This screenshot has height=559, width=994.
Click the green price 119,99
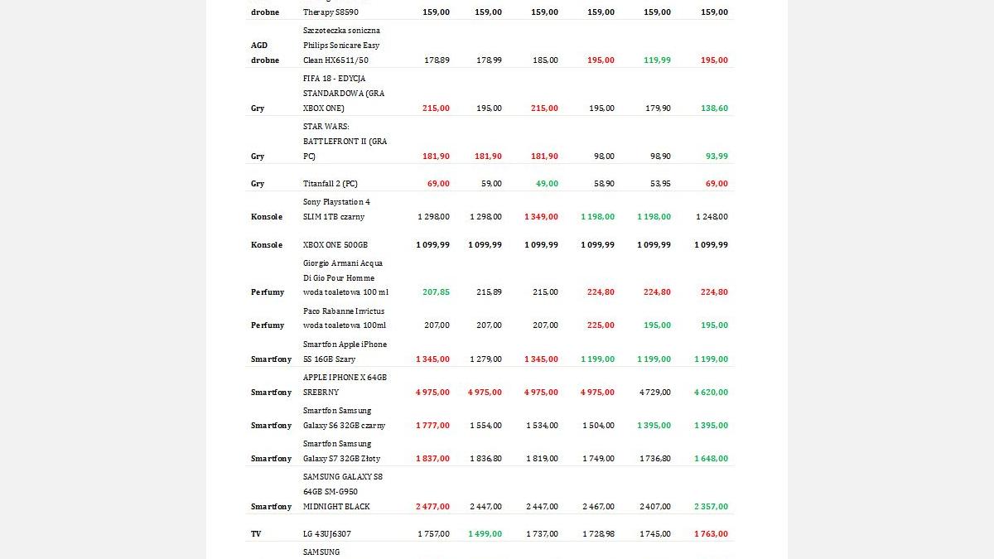(x=657, y=60)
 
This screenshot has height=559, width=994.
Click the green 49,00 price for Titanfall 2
(x=546, y=184)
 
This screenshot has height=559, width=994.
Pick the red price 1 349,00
(x=541, y=217)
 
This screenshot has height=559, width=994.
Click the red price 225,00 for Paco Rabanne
(x=601, y=325)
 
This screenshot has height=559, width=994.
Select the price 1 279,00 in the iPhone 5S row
(x=485, y=359)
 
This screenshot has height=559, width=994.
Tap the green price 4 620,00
(x=711, y=393)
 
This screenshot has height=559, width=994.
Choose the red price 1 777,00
(x=432, y=426)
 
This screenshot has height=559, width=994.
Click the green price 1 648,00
(x=711, y=459)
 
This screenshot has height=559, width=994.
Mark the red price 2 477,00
(x=432, y=507)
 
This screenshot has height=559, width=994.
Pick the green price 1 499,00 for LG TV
(x=485, y=534)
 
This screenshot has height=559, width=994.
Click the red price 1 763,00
(x=711, y=534)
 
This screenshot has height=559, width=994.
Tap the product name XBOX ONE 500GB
(x=335, y=245)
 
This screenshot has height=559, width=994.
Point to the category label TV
(x=256, y=534)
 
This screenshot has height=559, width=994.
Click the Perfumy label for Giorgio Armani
(x=268, y=292)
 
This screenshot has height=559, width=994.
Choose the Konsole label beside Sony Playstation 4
(x=267, y=217)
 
